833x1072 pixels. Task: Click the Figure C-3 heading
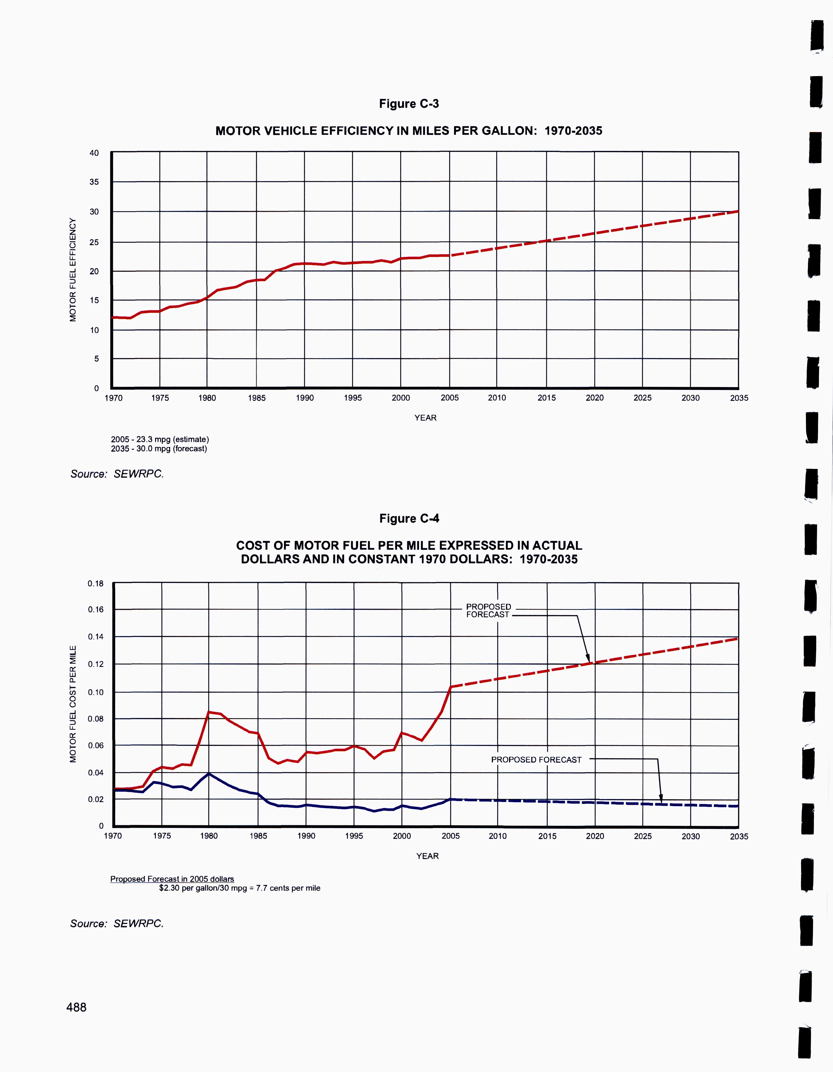(409, 104)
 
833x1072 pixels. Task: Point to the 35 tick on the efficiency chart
(94, 182)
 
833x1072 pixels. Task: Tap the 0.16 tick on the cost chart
(96, 610)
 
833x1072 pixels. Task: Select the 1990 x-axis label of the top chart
(304, 398)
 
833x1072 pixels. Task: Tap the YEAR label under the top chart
(425, 418)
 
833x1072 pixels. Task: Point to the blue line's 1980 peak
(209, 774)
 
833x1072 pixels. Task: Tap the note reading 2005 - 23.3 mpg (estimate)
(160, 439)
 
